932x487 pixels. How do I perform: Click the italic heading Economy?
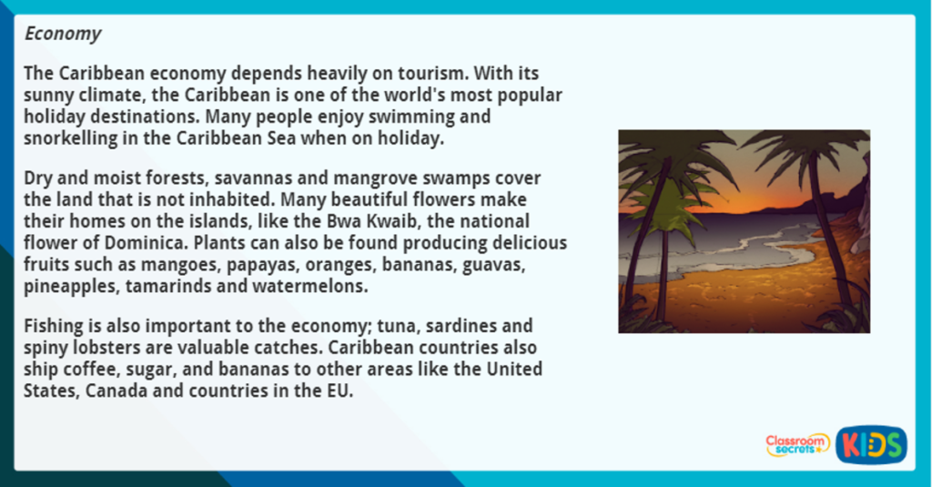63,34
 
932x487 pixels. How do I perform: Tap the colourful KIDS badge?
870,445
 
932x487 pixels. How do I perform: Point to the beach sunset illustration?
744,231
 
